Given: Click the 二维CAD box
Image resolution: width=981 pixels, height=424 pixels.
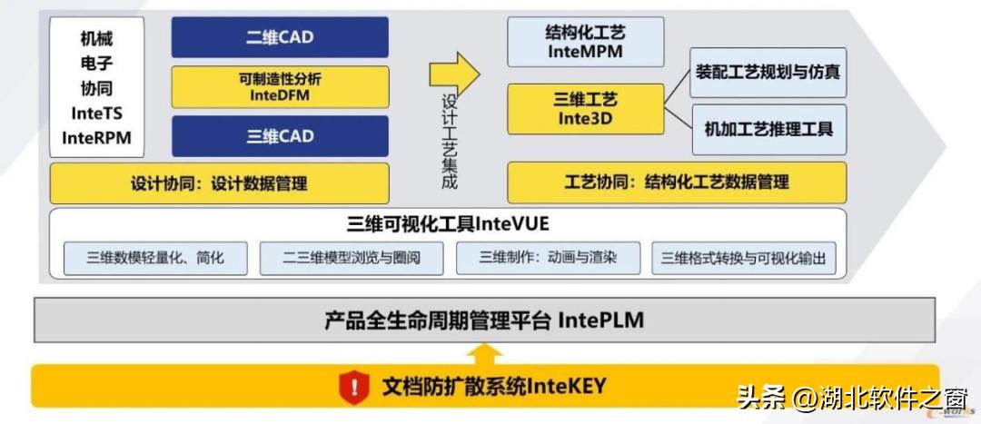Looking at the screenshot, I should coord(280,37).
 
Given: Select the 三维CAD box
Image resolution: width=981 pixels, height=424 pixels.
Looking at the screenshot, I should coord(280,136).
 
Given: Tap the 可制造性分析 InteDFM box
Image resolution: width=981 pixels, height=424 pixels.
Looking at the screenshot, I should coord(280,87).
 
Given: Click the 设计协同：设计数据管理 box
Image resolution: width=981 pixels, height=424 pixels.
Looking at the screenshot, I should coord(219,182).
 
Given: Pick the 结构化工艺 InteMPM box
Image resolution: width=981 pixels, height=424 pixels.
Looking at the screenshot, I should coord(585,42).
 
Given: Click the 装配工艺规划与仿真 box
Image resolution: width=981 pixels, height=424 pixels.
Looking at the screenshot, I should coord(768,73).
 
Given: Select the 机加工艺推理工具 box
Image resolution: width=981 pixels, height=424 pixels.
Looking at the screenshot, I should coord(768,129).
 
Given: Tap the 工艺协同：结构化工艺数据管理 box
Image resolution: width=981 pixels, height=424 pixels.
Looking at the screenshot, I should coord(676,182).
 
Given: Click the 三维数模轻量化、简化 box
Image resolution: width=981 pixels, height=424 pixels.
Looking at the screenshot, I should coord(155,258).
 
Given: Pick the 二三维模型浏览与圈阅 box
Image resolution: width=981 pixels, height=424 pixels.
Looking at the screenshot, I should coord(352,258).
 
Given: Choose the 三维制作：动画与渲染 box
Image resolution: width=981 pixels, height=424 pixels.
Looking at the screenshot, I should coord(548,257).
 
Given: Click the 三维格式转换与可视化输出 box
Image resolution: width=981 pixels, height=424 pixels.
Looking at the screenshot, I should coord(743,258).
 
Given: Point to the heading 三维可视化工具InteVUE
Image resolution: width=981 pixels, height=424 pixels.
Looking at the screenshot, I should coord(448,223).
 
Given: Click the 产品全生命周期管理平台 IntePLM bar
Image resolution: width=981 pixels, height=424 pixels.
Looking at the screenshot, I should coord(484,320).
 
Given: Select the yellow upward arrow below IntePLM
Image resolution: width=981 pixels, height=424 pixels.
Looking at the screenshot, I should coord(487,352).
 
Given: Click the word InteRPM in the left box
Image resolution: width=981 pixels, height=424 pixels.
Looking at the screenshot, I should coord(96,137).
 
